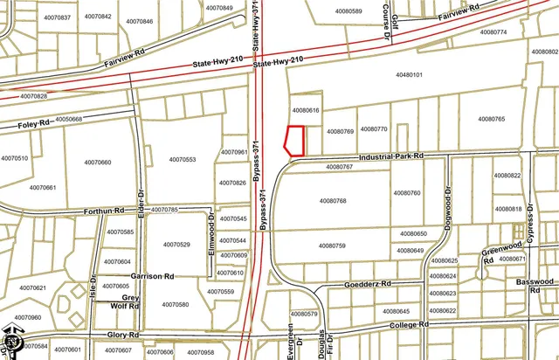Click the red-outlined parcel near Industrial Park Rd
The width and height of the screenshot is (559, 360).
pyautogui.click(x=295, y=142)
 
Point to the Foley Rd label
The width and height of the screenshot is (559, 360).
pyautogui.click(x=33, y=126)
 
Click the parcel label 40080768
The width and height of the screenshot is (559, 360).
pyautogui.click(x=333, y=201)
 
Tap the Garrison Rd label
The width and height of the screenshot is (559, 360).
pyautogui.click(x=152, y=276)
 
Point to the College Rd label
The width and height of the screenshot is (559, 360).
pyautogui.click(x=411, y=324)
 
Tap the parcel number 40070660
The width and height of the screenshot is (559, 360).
pyautogui.click(x=97, y=163)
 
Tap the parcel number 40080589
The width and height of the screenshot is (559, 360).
pyautogui.click(x=348, y=11)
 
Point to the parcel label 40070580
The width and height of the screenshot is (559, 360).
pyautogui.click(x=175, y=305)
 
